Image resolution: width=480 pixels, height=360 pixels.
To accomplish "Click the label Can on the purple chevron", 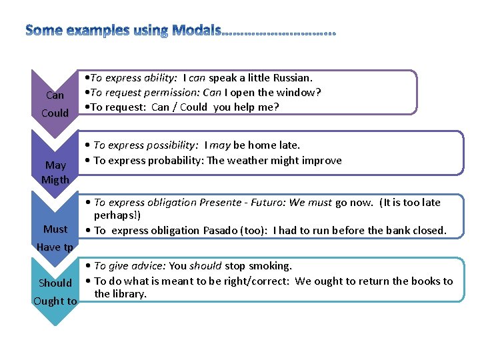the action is pos(55,95).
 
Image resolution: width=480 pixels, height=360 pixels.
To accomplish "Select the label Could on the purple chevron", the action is pos(55,113).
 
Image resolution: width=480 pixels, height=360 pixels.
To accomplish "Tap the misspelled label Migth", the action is pos(55,179).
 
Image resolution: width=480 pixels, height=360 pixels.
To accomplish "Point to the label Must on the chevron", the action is pos(55,229).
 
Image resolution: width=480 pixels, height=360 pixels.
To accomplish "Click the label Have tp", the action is pos(55,247).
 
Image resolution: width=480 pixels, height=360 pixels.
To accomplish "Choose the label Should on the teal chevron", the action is pos(55,283).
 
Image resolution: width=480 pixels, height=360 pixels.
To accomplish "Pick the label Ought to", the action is pos(55,301).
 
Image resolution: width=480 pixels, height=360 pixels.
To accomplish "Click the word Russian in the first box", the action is pos(295,78).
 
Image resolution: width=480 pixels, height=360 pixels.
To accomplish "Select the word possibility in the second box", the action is pos(171,145).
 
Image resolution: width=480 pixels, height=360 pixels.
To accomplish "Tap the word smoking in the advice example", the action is pos(270,266).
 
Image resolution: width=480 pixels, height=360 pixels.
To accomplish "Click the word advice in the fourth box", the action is pos(132,266).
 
